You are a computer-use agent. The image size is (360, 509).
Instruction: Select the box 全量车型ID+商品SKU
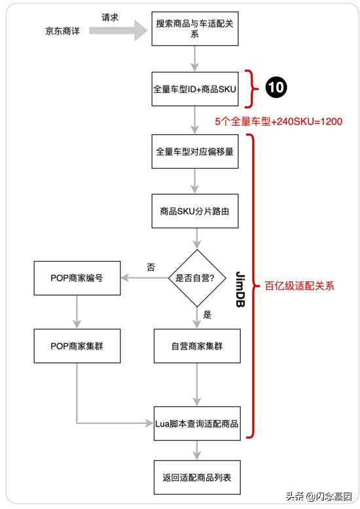tap(194, 88)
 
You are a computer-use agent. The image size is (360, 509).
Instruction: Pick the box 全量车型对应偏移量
tap(194, 152)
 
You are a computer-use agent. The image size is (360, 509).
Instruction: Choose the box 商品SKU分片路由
tap(194, 211)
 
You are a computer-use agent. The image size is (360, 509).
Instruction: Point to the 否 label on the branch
tap(151, 268)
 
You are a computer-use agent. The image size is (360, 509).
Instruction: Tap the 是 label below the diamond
tap(207, 315)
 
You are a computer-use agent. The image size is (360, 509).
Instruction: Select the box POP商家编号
tap(77, 277)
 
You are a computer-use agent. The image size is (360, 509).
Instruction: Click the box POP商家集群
tap(77, 345)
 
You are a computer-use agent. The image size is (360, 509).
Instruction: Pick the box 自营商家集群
tap(197, 345)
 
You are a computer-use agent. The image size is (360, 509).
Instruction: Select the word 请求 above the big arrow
tap(110, 18)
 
